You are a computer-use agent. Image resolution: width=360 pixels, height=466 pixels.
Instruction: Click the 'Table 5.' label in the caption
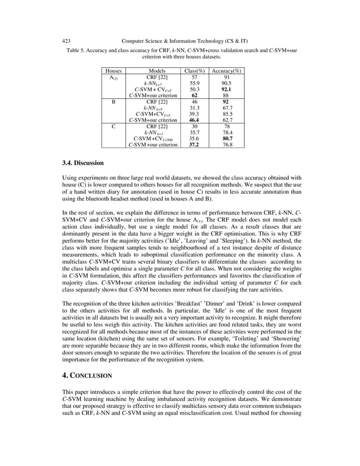pyautogui.click(x=77, y=50)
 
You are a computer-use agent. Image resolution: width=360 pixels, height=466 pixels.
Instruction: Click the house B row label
pyautogui.click(x=113, y=102)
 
